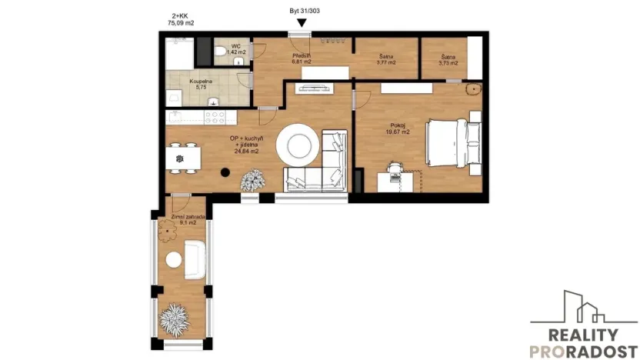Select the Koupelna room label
pyautogui.click(x=202, y=83)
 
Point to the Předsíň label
pyautogui.click(x=301, y=59)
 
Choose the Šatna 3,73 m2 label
pyautogui.click(x=449, y=59)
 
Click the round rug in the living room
pyautogui.click(x=297, y=144)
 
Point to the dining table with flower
pyautogui.click(x=181, y=158)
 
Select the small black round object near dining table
pyautogui.click(x=226, y=172)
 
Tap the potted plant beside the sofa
pyautogui.click(x=252, y=182)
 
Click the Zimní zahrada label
pyautogui.click(x=183, y=220)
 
